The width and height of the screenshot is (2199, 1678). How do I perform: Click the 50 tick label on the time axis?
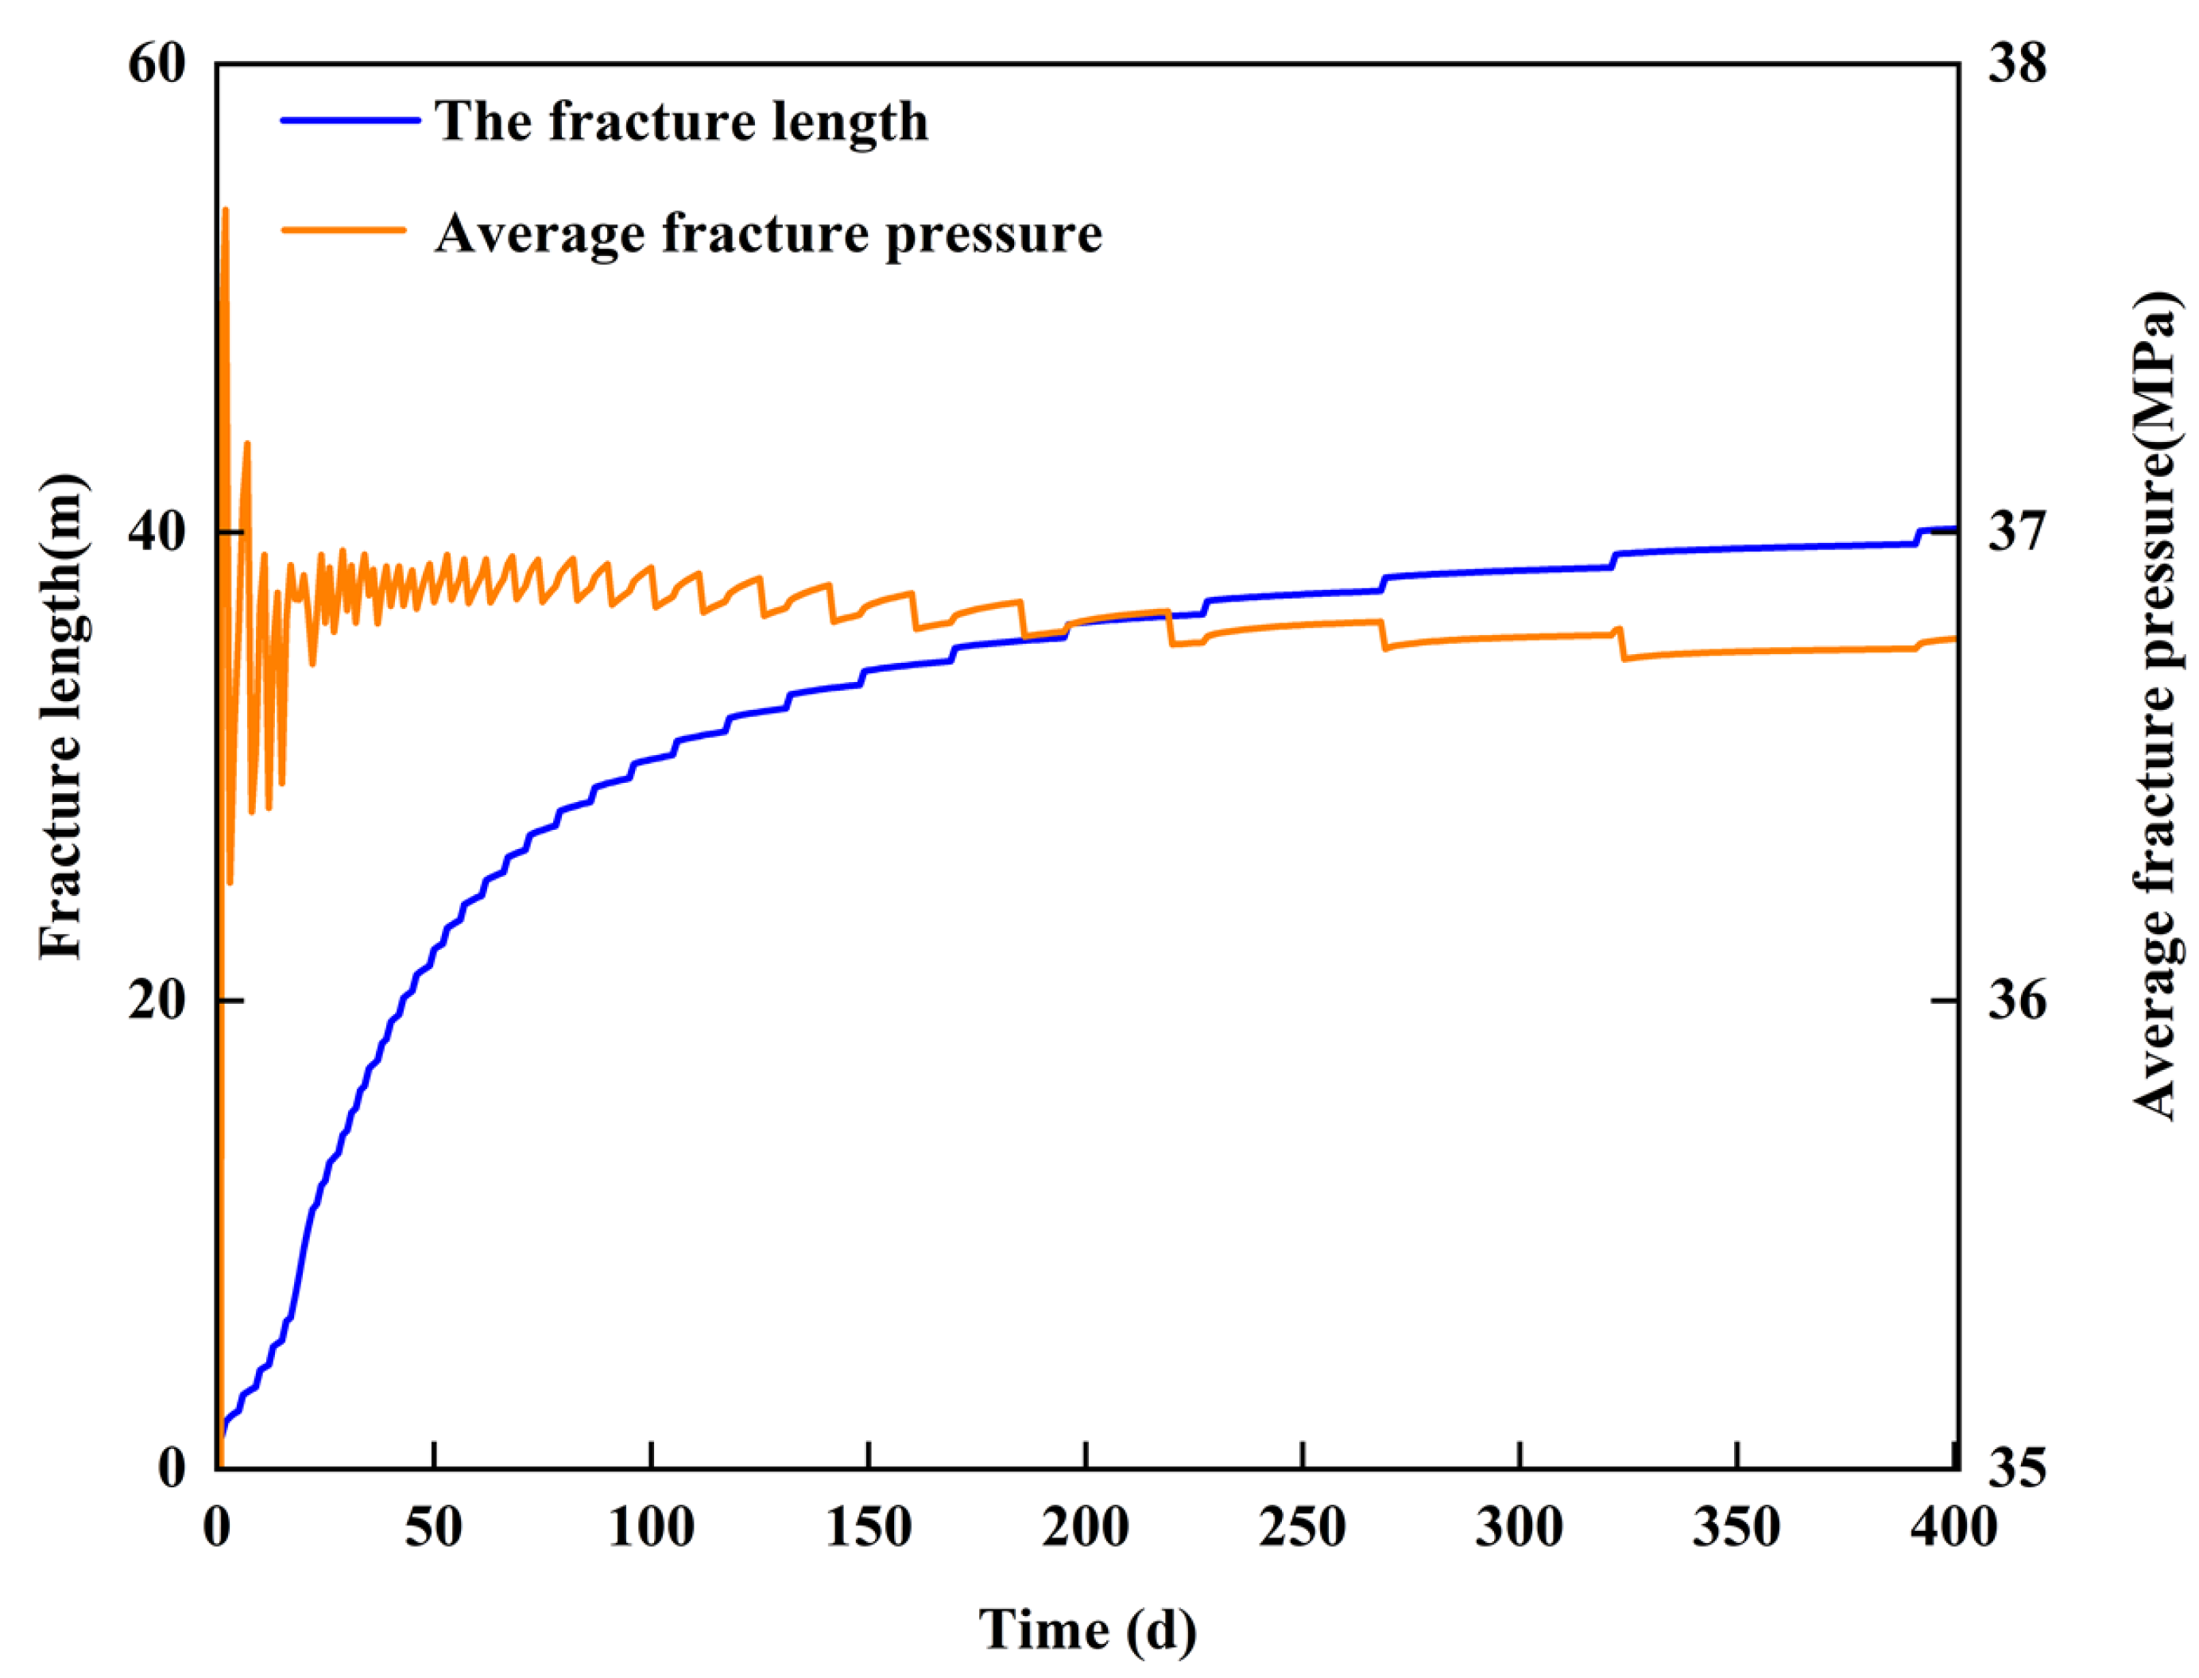pos(433,1527)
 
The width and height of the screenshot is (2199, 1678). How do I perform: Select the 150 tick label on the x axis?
pos(869,1527)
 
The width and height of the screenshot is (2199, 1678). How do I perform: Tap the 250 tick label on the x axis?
pos(1303,1527)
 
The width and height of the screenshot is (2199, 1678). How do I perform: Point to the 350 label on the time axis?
pos(1736,1527)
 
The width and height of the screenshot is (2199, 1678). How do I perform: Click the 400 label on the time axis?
pos(1953,1527)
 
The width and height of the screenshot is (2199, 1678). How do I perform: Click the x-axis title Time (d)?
pos(1086,1630)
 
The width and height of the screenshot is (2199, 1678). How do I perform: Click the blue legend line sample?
pos(350,121)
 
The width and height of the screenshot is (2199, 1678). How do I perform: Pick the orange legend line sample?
pos(345,229)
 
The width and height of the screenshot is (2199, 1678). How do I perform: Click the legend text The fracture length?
pos(681,122)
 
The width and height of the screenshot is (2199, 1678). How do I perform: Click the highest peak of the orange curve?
pos(225,210)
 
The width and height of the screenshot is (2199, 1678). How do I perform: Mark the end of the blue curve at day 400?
pos(1953,529)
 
